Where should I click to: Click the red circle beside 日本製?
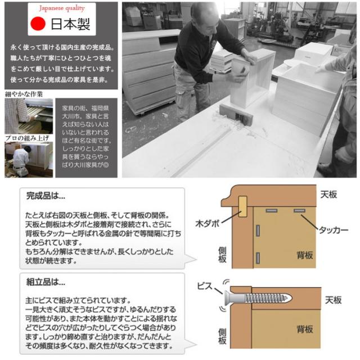click(37, 24)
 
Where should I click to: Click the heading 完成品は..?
click(46, 197)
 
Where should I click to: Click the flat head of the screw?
click(227, 296)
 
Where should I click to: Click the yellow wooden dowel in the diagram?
click(243, 206)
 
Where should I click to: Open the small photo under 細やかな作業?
click(29, 116)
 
